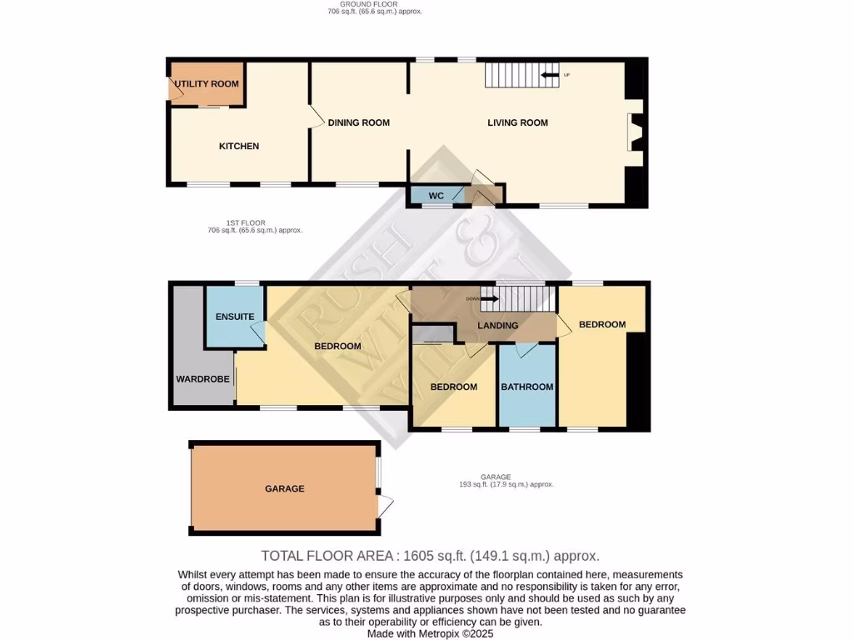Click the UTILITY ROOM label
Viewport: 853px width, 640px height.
(207, 84)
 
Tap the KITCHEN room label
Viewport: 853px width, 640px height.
(239, 147)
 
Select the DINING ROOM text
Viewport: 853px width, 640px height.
(358, 123)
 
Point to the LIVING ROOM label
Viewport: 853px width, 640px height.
(517, 123)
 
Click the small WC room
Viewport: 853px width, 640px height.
(436, 196)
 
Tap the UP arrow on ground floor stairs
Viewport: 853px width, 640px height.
(550, 76)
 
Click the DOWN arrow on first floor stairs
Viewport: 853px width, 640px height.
(488, 298)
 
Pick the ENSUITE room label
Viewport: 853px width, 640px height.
(235, 317)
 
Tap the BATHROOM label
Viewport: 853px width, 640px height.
(526, 387)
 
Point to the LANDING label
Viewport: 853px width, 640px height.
(498, 326)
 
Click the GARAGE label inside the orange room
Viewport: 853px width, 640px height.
(284, 489)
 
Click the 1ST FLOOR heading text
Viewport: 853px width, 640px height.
(246, 222)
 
